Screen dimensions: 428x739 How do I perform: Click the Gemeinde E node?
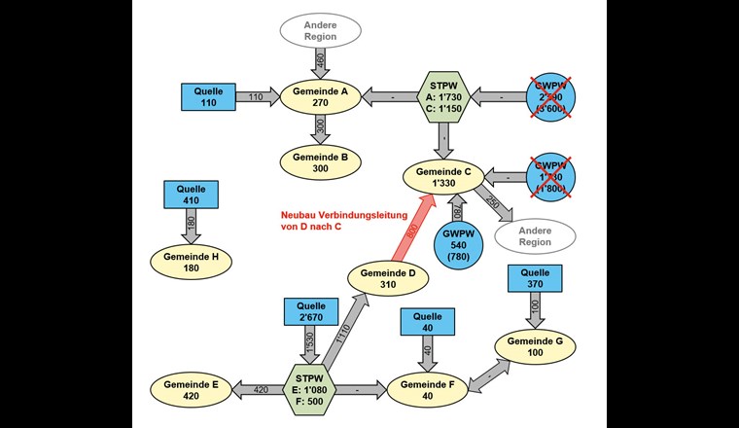[x=191, y=389]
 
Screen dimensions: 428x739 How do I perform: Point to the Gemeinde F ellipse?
[x=428, y=389]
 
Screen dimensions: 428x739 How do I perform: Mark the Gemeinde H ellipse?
[x=191, y=262]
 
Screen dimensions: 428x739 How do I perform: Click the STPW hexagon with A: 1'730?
[x=445, y=96]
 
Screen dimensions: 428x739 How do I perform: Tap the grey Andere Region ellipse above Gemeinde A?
[x=320, y=30]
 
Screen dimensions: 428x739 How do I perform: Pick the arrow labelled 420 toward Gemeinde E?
[x=256, y=389]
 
